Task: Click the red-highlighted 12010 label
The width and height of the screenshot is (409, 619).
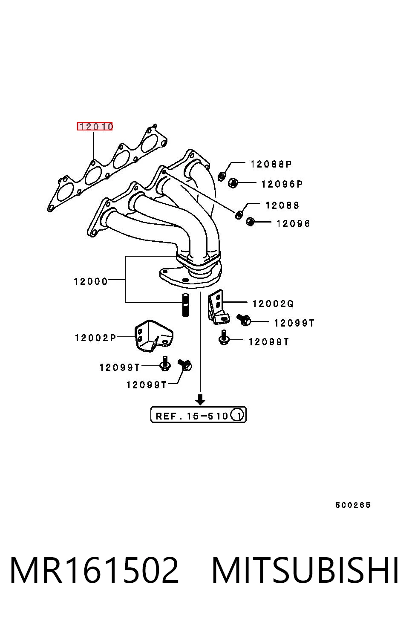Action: coord(95,126)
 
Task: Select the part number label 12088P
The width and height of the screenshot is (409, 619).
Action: coord(271,164)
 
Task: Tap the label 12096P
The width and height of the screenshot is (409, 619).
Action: coord(282,184)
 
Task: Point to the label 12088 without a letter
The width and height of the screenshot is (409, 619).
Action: coord(282,205)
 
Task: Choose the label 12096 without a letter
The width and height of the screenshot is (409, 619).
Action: coord(293,223)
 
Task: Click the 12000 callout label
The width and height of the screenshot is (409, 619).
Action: coord(91,282)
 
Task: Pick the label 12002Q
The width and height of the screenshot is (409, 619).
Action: coord(273,304)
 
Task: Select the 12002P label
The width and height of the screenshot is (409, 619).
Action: coord(95,338)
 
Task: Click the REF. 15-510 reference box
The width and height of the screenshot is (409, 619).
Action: coord(198,414)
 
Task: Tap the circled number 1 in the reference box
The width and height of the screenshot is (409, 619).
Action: coord(237,415)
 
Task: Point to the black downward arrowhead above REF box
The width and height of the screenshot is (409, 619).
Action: coord(200,399)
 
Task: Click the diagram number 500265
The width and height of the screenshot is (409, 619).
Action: coord(353,505)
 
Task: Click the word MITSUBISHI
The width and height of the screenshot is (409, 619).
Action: coord(305,570)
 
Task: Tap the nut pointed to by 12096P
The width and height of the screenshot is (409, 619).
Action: coord(233,182)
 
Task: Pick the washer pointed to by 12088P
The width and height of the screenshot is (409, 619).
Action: coord(222,176)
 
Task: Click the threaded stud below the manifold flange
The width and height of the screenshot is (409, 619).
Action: coord(185,305)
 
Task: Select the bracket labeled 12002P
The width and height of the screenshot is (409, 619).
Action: coord(153,336)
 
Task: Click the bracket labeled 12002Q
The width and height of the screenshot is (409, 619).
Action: coord(218,307)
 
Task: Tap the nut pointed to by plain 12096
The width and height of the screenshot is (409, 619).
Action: coord(250,221)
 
